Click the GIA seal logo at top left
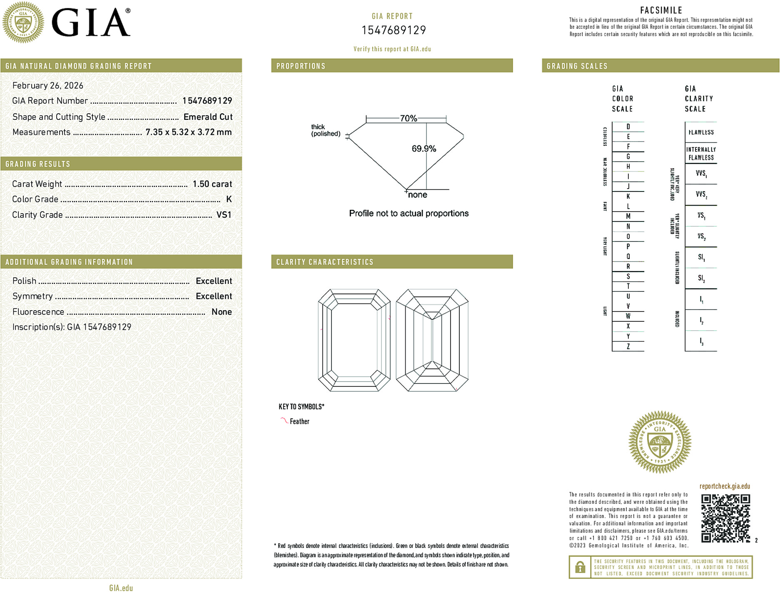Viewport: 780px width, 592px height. (x=23, y=22)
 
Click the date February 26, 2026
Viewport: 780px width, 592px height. (x=48, y=85)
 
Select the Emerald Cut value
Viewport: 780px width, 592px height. (x=208, y=117)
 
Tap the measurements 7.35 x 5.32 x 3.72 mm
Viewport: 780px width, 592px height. (x=188, y=132)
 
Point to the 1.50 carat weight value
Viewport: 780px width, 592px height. (x=212, y=184)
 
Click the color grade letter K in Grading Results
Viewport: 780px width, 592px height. (x=229, y=199)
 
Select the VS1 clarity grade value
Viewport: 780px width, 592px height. (x=224, y=215)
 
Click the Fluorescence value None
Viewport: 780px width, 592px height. (x=222, y=312)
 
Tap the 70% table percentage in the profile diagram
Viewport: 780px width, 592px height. (x=408, y=118)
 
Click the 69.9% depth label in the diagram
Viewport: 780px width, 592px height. (x=424, y=149)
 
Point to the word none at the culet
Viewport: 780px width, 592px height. (x=417, y=195)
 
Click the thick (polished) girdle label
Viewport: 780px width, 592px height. (x=325, y=130)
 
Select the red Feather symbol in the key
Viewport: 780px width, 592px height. (x=284, y=420)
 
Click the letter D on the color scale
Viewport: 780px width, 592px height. (x=628, y=127)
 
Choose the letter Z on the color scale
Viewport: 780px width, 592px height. (x=628, y=346)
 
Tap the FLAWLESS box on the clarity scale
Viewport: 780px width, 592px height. (x=701, y=132)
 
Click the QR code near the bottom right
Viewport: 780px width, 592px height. (x=725, y=518)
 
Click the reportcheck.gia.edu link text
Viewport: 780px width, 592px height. (x=725, y=486)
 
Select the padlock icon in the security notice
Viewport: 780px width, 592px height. (x=580, y=567)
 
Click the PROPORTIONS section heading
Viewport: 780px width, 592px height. (x=301, y=66)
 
